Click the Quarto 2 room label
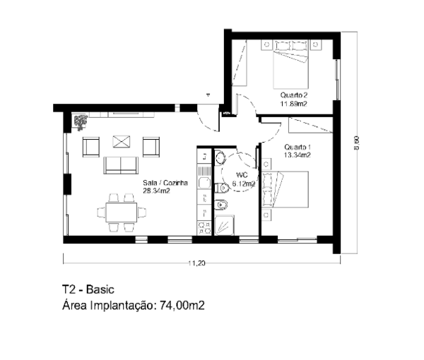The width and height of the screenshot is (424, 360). [x=294, y=95]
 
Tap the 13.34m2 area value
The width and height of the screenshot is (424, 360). [x=298, y=155]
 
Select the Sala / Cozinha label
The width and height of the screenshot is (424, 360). [x=165, y=183]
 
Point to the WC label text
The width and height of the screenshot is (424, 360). [x=242, y=174]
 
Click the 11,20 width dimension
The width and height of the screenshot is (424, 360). [x=196, y=263]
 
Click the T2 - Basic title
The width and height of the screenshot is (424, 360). [x=88, y=289]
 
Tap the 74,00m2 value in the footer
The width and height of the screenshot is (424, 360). [x=182, y=306]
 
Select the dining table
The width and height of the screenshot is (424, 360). [x=122, y=212]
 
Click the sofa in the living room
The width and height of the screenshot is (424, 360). [x=121, y=165]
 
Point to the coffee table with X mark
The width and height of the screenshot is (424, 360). [x=121, y=141]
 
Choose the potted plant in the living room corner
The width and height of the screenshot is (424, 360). [x=80, y=122]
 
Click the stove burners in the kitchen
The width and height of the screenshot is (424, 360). [x=204, y=228]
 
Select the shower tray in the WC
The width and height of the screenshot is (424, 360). [x=224, y=225]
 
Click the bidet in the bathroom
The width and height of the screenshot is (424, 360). [x=221, y=205]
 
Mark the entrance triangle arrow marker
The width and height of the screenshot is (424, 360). [x=208, y=95]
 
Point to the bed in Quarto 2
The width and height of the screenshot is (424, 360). [x=290, y=64]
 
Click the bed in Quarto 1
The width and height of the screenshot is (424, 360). [x=285, y=189]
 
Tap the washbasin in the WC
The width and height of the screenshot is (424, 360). [x=220, y=157]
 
